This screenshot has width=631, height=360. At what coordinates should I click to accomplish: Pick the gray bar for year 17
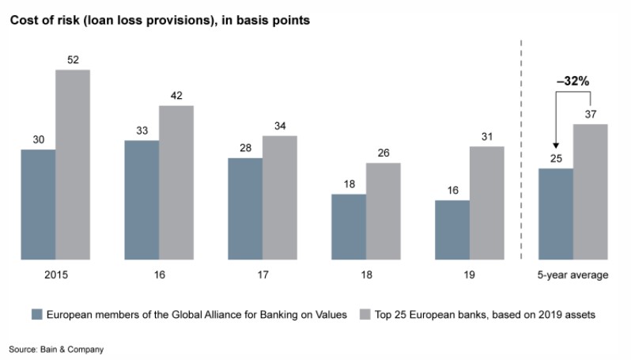280,197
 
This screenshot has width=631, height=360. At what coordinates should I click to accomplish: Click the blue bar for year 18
349,226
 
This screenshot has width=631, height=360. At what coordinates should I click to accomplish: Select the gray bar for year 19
486,203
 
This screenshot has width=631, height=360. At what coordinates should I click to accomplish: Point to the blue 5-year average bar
556,213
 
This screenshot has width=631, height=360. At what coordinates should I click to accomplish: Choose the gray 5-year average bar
590,191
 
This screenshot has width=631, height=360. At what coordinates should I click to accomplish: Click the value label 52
73,60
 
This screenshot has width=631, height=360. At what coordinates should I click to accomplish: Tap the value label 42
176,96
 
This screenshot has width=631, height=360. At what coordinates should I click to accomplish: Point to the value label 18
349,184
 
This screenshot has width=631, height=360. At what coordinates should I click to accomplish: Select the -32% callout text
573,81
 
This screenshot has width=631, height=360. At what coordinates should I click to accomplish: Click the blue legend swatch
36,314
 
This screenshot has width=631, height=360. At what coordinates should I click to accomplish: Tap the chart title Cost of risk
159,20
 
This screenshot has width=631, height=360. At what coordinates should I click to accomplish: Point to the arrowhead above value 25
556,146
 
